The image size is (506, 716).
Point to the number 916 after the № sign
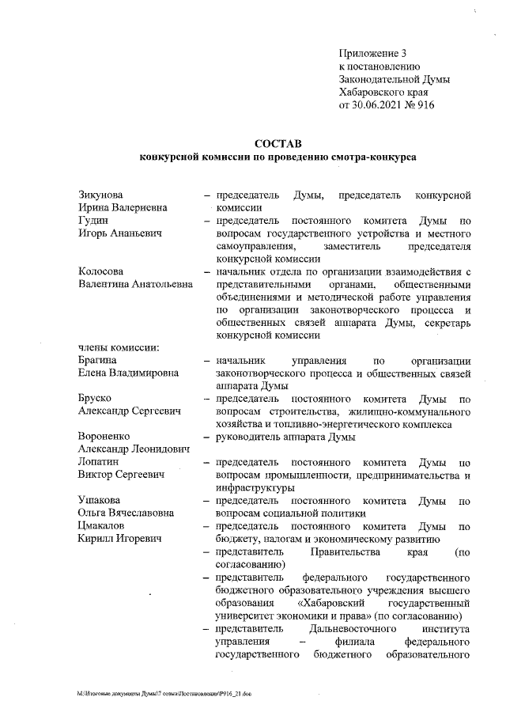pos(425,104)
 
